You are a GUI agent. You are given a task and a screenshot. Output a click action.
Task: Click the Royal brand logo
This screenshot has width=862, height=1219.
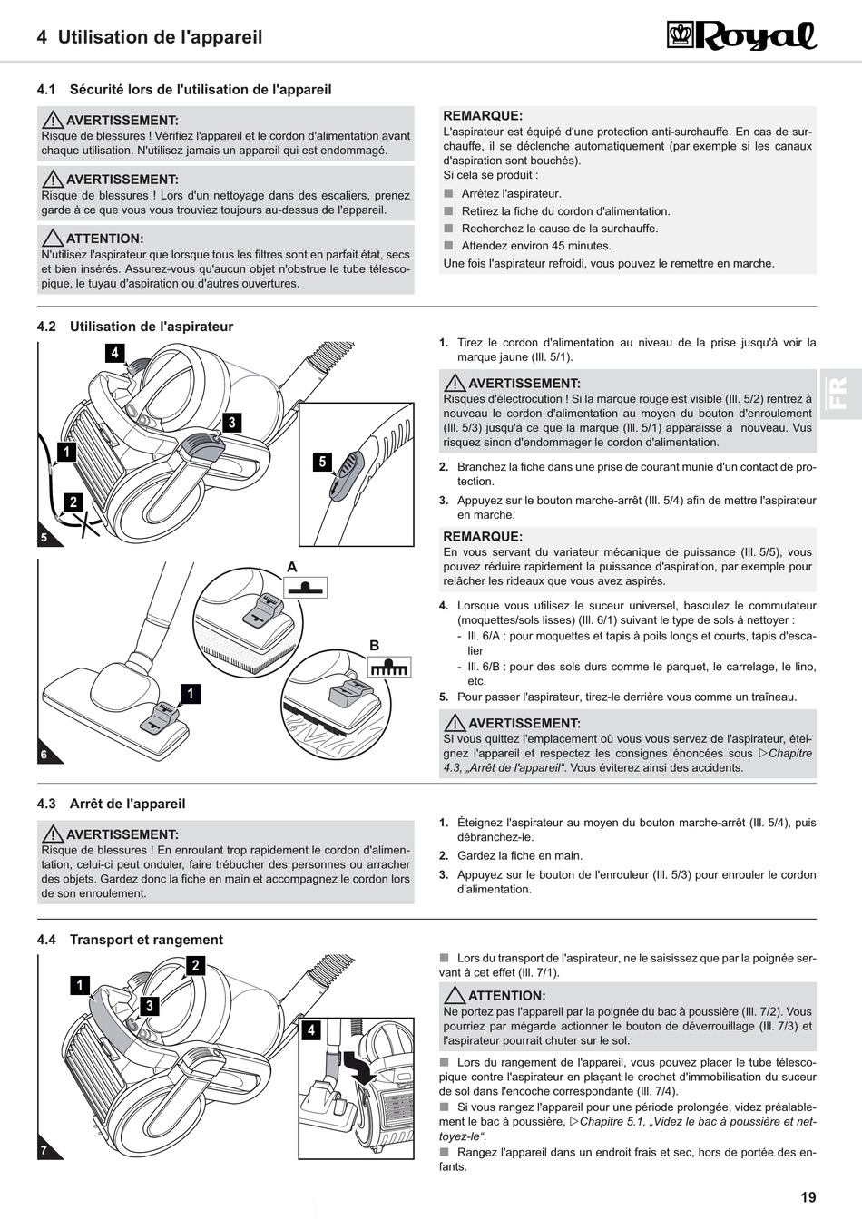pyautogui.click(x=741, y=36)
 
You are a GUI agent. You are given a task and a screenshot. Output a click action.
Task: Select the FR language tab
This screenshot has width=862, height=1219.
pyautogui.click(x=840, y=394)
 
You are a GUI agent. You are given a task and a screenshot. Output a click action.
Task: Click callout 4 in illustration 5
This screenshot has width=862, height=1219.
pyautogui.click(x=114, y=353)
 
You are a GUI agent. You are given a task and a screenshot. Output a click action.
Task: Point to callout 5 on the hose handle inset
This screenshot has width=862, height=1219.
pyautogui.click(x=322, y=462)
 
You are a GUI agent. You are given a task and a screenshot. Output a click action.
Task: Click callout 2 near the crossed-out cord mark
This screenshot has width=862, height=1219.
pyautogui.click(x=73, y=502)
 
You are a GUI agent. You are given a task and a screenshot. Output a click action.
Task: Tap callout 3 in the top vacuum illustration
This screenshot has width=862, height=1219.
pyautogui.click(x=232, y=423)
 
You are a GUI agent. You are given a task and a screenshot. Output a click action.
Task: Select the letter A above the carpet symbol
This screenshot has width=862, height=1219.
pyautogui.click(x=292, y=567)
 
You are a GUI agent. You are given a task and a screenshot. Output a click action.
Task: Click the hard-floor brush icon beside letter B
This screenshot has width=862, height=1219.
pyautogui.click(x=389, y=667)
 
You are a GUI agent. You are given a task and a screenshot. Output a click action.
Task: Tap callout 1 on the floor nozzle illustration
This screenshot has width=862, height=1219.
pyautogui.click(x=191, y=693)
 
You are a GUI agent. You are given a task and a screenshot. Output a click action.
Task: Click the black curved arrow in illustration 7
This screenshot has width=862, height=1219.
pyautogui.click(x=358, y=1068)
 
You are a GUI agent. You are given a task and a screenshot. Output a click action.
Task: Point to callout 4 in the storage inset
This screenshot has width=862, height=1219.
pyautogui.click(x=311, y=1030)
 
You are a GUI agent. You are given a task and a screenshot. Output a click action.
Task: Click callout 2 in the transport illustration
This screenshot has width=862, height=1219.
pyautogui.click(x=195, y=966)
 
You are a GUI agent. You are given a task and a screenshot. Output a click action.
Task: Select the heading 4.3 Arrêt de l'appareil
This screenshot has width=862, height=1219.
pyautogui.click(x=111, y=804)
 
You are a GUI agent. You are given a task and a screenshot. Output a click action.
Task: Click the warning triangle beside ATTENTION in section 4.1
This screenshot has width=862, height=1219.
pyautogui.click(x=53, y=238)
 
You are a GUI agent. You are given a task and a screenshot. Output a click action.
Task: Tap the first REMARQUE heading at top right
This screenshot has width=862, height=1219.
pyautogui.click(x=483, y=115)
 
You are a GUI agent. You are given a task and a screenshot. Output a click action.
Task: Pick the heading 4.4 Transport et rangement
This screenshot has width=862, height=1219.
pyautogui.click(x=130, y=940)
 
